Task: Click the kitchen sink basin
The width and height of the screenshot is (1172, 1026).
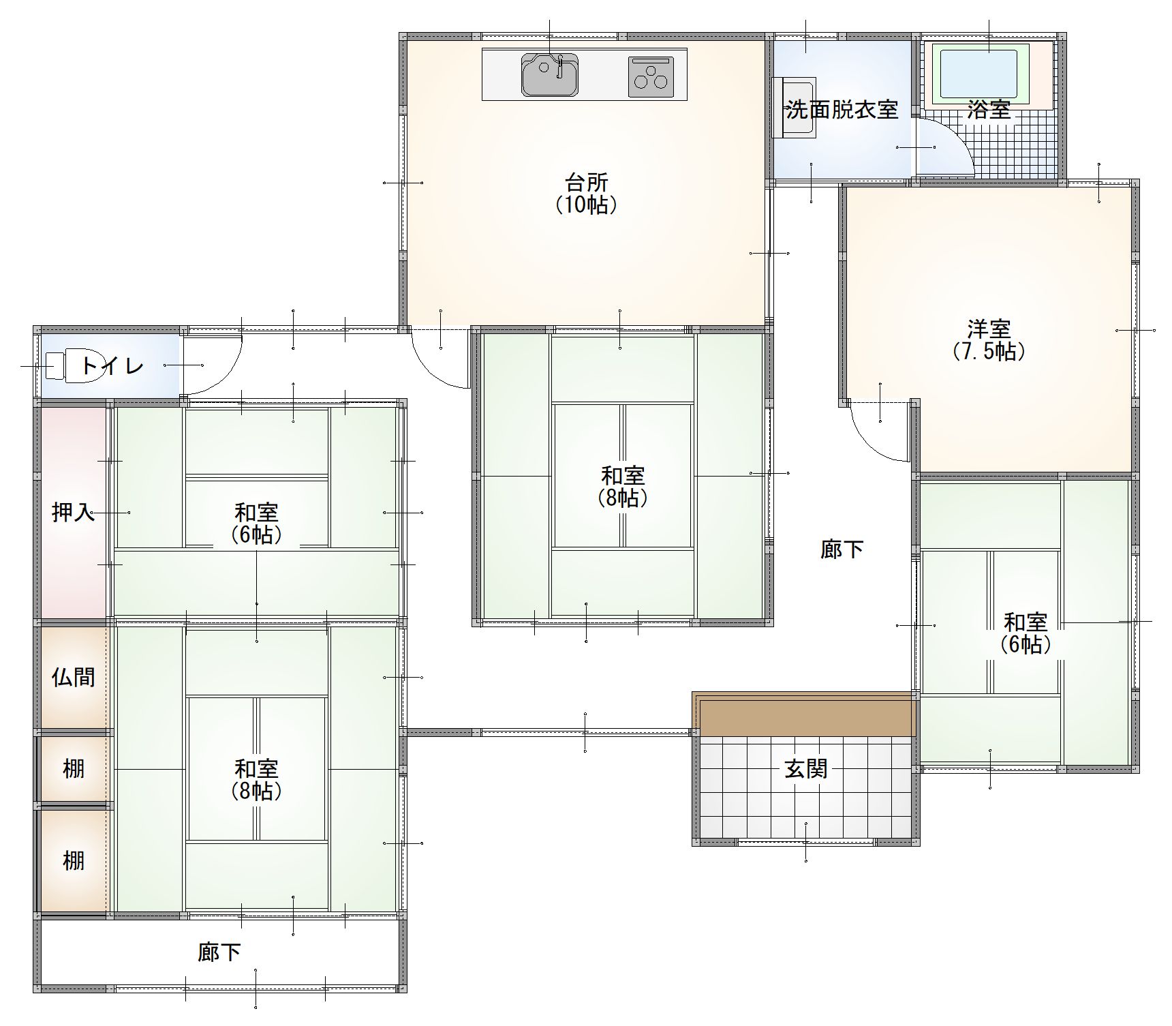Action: point(550,74)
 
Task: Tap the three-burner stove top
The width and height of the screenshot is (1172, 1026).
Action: point(650,74)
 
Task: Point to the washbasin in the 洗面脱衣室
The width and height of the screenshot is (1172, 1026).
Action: point(795,108)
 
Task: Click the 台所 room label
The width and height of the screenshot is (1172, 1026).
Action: point(586,183)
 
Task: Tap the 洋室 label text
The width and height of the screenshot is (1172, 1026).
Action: point(988,329)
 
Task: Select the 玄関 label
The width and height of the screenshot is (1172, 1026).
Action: point(806,769)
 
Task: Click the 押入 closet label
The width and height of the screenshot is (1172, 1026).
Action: point(74,512)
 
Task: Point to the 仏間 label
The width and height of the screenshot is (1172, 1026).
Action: point(74,677)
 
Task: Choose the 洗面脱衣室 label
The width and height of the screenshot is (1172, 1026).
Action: point(842,109)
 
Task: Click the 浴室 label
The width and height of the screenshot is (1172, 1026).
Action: point(989,110)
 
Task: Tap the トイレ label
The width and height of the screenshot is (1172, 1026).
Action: point(112,366)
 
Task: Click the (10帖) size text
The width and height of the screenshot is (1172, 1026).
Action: point(586,205)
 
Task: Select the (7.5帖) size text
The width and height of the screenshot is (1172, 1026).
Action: point(988,351)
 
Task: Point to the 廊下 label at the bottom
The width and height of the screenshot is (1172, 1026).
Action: point(219,952)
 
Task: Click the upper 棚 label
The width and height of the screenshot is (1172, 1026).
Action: point(74,769)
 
